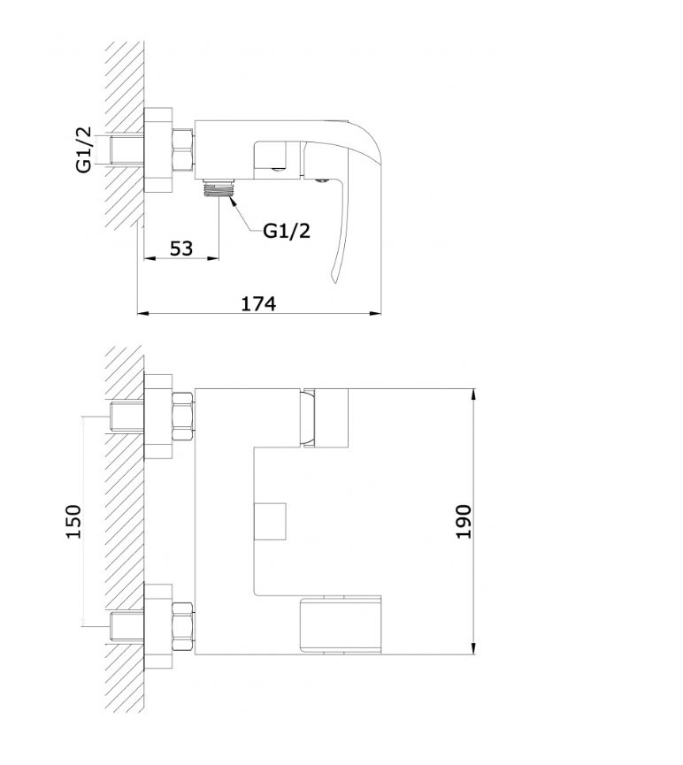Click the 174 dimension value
coord(258,304)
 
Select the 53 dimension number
coord(181,249)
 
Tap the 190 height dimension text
coord(464,522)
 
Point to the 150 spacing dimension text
coord(73,522)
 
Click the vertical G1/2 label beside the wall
coord(84,149)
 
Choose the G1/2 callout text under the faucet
coord(287,231)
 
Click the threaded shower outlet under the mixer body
coord(219,187)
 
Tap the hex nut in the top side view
coord(183,150)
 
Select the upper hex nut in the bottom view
coord(183,417)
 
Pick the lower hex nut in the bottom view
coord(183,626)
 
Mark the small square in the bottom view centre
coord(270,521)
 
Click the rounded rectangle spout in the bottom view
coord(340,624)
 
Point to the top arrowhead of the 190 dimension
coord(474,394)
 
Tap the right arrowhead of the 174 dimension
coord(375,313)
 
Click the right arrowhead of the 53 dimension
coord(213,258)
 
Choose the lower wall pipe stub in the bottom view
coord(127,627)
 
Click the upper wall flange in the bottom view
coord(158,417)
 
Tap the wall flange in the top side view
coord(158,150)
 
